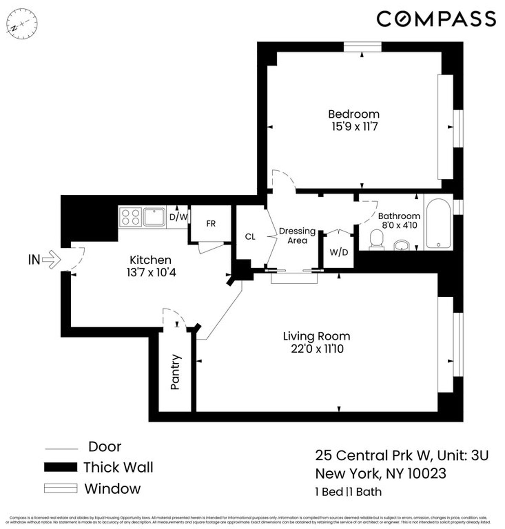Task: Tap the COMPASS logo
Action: tap(436, 19)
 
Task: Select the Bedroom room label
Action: tap(353, 114)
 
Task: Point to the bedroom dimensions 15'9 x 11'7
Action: tap(353, 126)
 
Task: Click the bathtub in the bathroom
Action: tap(439, 223)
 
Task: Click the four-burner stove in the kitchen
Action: tap(130, 217)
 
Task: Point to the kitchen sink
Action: tap(154, 217)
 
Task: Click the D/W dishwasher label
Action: tap(178, 217)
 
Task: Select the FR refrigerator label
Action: tap(211, 224)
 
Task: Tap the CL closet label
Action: tap(250, 237)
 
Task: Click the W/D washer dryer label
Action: tap(339, 253)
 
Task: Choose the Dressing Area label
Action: tap(297, 236)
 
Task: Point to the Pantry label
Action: tap(175, 372)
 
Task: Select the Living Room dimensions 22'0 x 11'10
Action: tap(316, 349)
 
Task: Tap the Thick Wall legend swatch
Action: tap(61, 467)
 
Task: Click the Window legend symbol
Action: tap(61, 489)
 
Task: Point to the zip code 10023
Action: tap(426, 473)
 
